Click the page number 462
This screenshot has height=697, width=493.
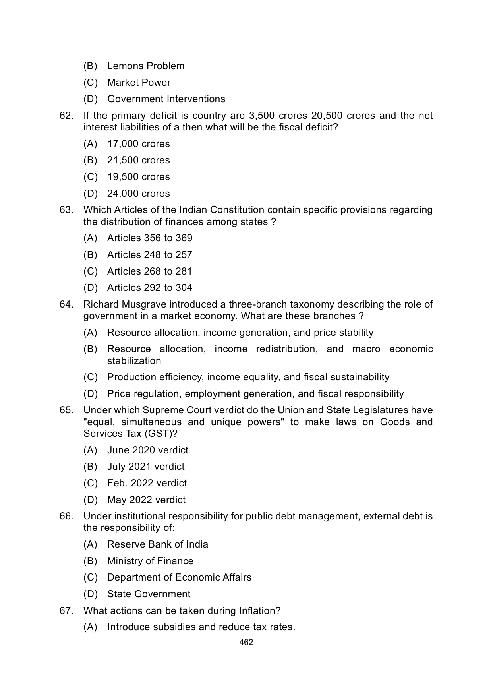(x=246, y=642)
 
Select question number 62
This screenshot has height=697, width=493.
(x=66, y=116)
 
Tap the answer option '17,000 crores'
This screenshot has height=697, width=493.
(x=138, y=144)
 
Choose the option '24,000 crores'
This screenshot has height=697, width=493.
(x=138, y=194)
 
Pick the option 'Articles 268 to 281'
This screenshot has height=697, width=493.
(x=149, y=271)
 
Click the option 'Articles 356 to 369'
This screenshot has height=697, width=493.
(x=149, y=238)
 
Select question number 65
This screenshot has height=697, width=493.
(x=66, y=410)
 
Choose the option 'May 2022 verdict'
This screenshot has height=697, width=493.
(x=146, y=500)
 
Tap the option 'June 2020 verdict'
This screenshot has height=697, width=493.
(x=147, y=450)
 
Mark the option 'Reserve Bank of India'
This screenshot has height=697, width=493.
(x=157, y=544)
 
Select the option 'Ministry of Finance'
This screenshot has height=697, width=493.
(x=150, y=561)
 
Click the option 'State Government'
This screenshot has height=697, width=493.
(x=149, y=594)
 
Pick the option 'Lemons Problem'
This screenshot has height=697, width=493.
(x=146, y=66)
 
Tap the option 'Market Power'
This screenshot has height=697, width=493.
(x=139, y=83)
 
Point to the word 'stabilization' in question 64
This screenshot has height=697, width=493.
(x=134, y=361)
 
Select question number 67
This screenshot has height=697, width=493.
(x=66, y=611)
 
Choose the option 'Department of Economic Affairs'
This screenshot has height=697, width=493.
(x=179, y=577)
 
